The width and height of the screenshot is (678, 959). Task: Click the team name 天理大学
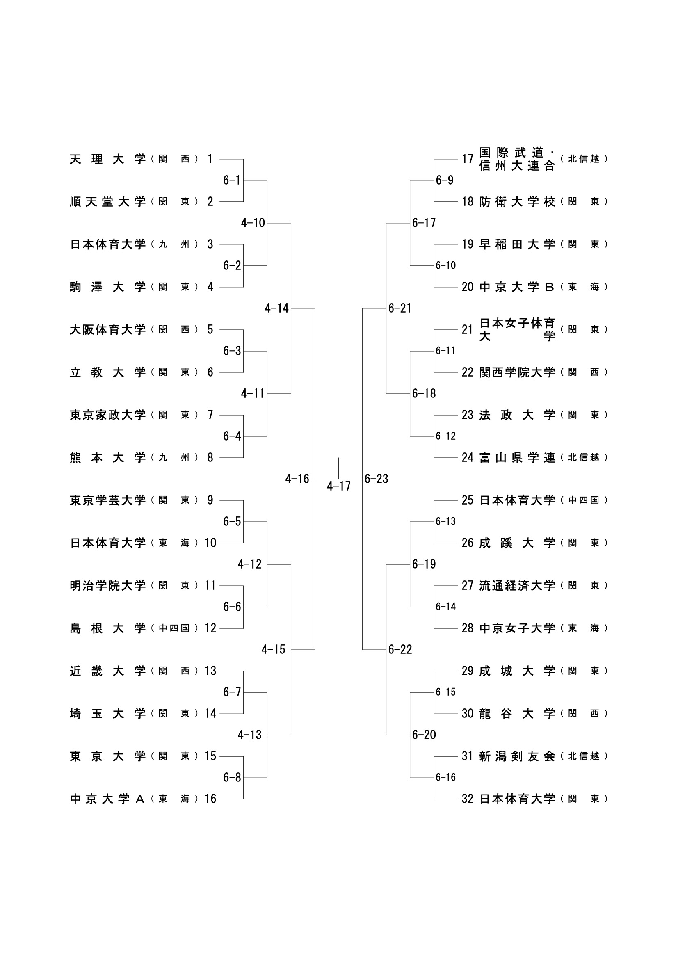pos(108,159)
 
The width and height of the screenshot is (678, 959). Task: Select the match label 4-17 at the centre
pos(339,486)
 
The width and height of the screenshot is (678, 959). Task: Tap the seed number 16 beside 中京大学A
pos(210,799)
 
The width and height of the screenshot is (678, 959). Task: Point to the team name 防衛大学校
pos(517,202)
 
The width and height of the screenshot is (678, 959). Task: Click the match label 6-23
pos(377,479)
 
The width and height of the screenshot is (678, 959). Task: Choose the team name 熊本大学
pos(108,458)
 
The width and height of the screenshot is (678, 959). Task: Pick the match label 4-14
pos(276,308)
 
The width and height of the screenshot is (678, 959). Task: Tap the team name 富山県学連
pos(517,458)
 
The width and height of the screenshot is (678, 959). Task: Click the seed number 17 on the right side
pos(468,159)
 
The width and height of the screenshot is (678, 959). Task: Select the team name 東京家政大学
pos(108,415)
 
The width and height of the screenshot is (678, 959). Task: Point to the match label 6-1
pos(232,180)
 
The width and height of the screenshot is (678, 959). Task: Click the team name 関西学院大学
pos(517,372)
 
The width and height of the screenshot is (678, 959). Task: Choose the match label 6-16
pos(446,777)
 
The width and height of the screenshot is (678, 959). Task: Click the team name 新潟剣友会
pos(517,756)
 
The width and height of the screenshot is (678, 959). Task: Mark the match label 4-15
pos(273,649)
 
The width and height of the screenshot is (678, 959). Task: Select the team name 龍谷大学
pos(517,713)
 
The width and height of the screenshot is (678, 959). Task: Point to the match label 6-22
pos(400,649)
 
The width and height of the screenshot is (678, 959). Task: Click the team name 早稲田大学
pos(517,244)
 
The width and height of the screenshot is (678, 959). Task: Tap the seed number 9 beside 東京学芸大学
pos(210,500)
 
